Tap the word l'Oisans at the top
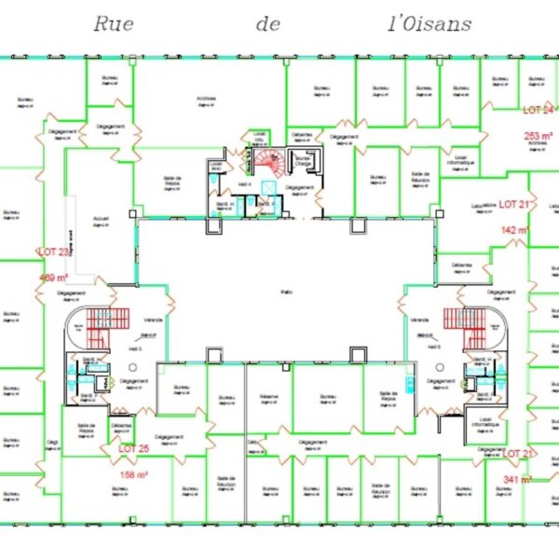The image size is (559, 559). coord(429,24)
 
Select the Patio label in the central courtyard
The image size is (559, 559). coord(287,292)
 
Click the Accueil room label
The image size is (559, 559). coord(102,220)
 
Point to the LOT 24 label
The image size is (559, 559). coord(539,110)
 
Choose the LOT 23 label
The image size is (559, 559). coord(53,252)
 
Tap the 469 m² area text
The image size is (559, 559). coord(54,277)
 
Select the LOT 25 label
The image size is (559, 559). coord(133,448)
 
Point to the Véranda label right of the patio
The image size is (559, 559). coord(418,320)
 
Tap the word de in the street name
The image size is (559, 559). coord(268,24)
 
